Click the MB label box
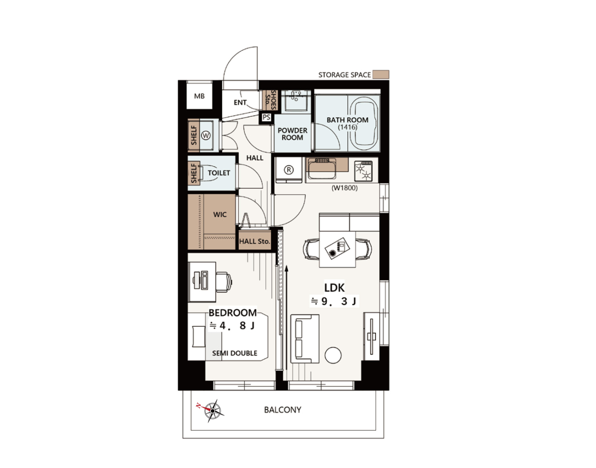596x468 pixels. pos(199,96)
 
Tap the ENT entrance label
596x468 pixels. pos(240,102)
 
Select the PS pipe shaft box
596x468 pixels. pos(267,117)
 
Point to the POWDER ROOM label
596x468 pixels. pos(292,134)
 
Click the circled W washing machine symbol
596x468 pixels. pos(206,135)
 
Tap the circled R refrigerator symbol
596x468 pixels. pos(289,170)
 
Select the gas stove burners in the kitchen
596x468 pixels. pos(364,171)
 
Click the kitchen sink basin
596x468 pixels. pos(322,169)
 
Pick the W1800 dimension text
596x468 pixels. pos(345,188)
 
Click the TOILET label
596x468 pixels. pos(219,173)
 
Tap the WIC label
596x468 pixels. pos(219,214)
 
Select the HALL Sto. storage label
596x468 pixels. pos(254,241)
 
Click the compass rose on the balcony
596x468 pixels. pos(211,410)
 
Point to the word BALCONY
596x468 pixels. pos(282,410)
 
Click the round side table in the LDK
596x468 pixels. pos(333,355)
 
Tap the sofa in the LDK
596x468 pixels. pos(305,339)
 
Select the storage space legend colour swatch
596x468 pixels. pos(380,75)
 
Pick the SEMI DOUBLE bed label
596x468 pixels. pos(235,353)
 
